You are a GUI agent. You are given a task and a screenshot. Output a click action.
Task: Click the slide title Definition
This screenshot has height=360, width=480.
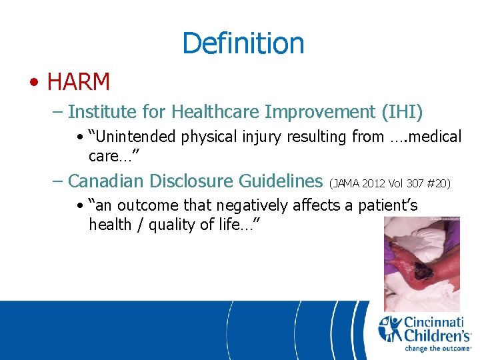tap(243, 43)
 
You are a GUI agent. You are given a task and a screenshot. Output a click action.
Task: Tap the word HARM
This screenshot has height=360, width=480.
tap(79, 82)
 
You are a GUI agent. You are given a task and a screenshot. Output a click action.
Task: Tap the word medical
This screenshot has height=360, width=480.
tap(434, 137)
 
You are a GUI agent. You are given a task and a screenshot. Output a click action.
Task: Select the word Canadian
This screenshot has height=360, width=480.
tap(107, 181)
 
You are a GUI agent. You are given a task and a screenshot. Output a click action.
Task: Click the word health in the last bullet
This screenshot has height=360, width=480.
tap(110, 225)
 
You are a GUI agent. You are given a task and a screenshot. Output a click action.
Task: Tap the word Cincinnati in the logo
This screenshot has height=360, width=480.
tap(436, 322)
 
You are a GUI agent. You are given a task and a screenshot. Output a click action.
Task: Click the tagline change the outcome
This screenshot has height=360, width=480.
tap(436, 348)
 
